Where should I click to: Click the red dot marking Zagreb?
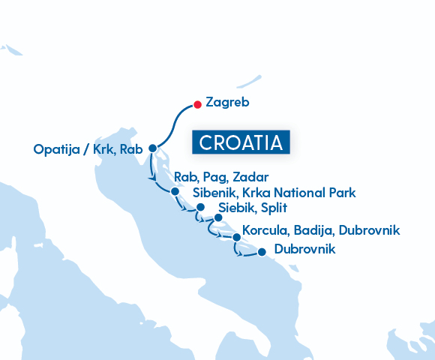[196, 104]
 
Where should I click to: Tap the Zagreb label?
[226, 102]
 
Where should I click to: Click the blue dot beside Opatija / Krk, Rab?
[153, 148]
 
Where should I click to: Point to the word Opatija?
[56, 150]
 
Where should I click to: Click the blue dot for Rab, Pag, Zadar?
[175, 191]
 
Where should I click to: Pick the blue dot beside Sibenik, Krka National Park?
[199, 203]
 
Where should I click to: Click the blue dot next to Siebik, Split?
[218, 218]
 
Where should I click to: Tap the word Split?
[274, 208]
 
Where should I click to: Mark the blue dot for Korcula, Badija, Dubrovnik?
[237, 238]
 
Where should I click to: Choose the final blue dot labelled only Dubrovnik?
[261, 252]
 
